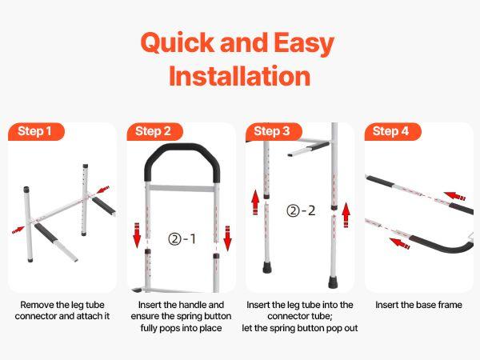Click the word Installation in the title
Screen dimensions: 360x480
coord(240,77)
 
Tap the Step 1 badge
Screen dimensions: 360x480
coord(36,131)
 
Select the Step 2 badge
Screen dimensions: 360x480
coord(154,131)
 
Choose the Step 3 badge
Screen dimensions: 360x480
coord(272,131)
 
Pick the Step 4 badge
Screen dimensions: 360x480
coord(391,131)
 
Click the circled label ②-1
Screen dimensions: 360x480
coord(181,238)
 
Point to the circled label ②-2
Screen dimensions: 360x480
coord(301,211)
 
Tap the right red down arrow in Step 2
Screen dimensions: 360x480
coord(227,237)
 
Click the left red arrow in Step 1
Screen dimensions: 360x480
coord(18,230)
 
